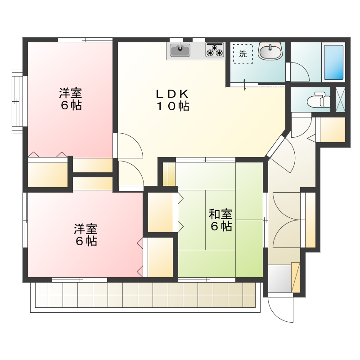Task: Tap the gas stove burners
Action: (x=215, y=49)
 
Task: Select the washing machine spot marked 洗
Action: (x=243, y=54)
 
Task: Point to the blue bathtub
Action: (x=333, y=62)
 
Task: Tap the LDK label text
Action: (x=172, y=94)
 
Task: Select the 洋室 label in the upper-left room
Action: (x=70, y=94)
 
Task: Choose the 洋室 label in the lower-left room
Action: (x=85, y=229)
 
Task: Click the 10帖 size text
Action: (x=172, y=107)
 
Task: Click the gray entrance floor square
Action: (x=279, y=279)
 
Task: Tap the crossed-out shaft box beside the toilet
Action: (x=341, y=99)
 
